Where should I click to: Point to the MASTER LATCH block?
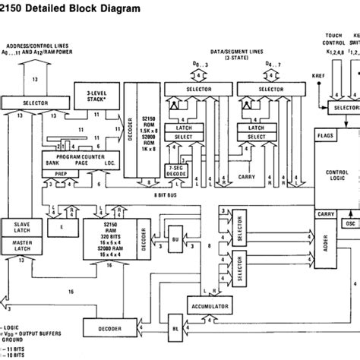(x=27, y=226)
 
